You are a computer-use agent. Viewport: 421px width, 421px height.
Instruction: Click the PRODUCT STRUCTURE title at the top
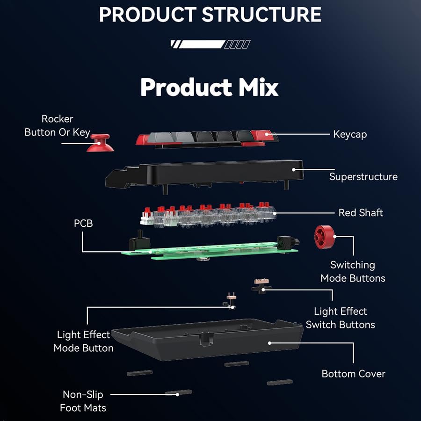click(210, 15)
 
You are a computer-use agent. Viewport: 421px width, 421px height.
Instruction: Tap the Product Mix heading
click(209, 87)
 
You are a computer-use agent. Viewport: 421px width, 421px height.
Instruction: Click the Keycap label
click(350, 134)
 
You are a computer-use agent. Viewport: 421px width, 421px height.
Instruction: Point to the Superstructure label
click(363, 176)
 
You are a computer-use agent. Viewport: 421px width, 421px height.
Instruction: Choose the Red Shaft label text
click(361, 212)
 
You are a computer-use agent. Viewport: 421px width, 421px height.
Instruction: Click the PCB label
click(83, 224)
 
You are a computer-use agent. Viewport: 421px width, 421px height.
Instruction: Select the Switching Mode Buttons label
click(353, 271)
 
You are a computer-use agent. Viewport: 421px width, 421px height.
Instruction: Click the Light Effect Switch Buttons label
click(340, 318)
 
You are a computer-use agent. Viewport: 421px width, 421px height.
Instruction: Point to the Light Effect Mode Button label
click(83, 341)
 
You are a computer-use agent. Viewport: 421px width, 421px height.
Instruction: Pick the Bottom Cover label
click(353, 374)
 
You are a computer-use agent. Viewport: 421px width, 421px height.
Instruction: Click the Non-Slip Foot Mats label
click(83, 401)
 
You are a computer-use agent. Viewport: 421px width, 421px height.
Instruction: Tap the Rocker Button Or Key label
click(57, 125)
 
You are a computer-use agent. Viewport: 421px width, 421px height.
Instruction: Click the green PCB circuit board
click(210, 250)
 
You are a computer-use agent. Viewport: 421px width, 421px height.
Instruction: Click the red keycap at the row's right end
click(263, 136)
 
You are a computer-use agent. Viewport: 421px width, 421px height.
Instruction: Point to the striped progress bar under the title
click(210, 44)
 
